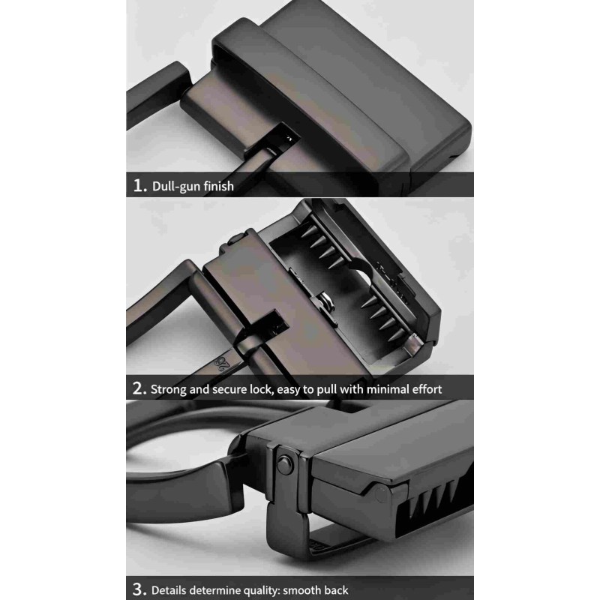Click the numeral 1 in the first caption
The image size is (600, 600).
138,185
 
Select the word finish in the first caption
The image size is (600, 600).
218,185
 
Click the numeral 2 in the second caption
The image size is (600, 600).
139,388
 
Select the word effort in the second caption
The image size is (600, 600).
427,389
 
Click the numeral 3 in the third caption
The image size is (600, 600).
139,589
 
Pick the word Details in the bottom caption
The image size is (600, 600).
169,590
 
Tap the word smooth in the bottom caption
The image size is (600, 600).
301,590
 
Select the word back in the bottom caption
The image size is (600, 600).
334,590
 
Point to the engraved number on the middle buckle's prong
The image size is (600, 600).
223,362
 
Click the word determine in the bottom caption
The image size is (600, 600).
214,590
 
